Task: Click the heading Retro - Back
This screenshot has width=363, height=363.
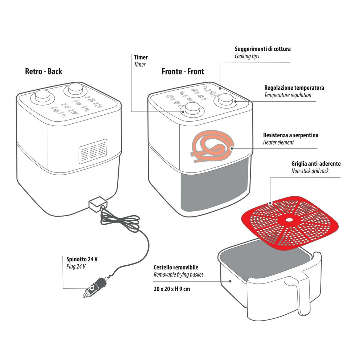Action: coord(44,71)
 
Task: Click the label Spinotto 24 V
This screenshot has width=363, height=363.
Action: coord(82,259)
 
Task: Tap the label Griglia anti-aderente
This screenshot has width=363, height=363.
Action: coord(316,164)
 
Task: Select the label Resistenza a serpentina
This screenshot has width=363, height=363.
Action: coord(290,135)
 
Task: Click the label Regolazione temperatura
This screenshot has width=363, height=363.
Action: coord(294,88)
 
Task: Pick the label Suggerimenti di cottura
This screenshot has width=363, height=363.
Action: coord(262,49)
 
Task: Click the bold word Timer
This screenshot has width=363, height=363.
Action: coord(141,57)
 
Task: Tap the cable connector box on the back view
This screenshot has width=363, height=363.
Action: coord(97,204)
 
